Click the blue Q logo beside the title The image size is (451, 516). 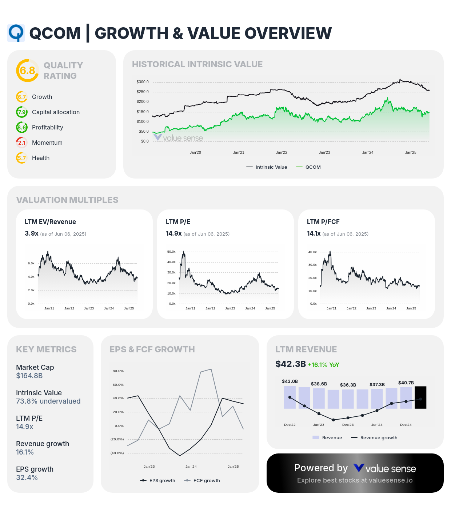coord(16,33)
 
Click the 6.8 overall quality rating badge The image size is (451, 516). coord(27,71)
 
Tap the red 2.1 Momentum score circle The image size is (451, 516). coord(22,143)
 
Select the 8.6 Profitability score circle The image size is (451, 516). coord(22,127)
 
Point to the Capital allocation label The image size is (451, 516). coord(56,112)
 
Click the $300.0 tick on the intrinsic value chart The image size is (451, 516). coord(143,82)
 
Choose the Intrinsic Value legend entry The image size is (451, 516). coord(267,167)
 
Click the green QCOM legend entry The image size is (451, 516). coord(309,167)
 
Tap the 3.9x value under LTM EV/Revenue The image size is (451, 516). coord(31,233)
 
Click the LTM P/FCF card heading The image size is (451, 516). coord(323,222)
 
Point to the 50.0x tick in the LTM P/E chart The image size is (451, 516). coord(171,252)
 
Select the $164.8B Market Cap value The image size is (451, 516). coord(29,376)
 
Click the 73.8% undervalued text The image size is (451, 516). coord(48,401)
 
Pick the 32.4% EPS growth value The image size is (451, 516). coord(27,477)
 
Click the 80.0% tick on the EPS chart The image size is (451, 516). coord(118,371)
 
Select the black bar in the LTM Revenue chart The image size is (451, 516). coord(420,397)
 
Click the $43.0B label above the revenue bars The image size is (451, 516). coord(290,381)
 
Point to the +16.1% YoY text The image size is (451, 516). coord(323,365)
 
